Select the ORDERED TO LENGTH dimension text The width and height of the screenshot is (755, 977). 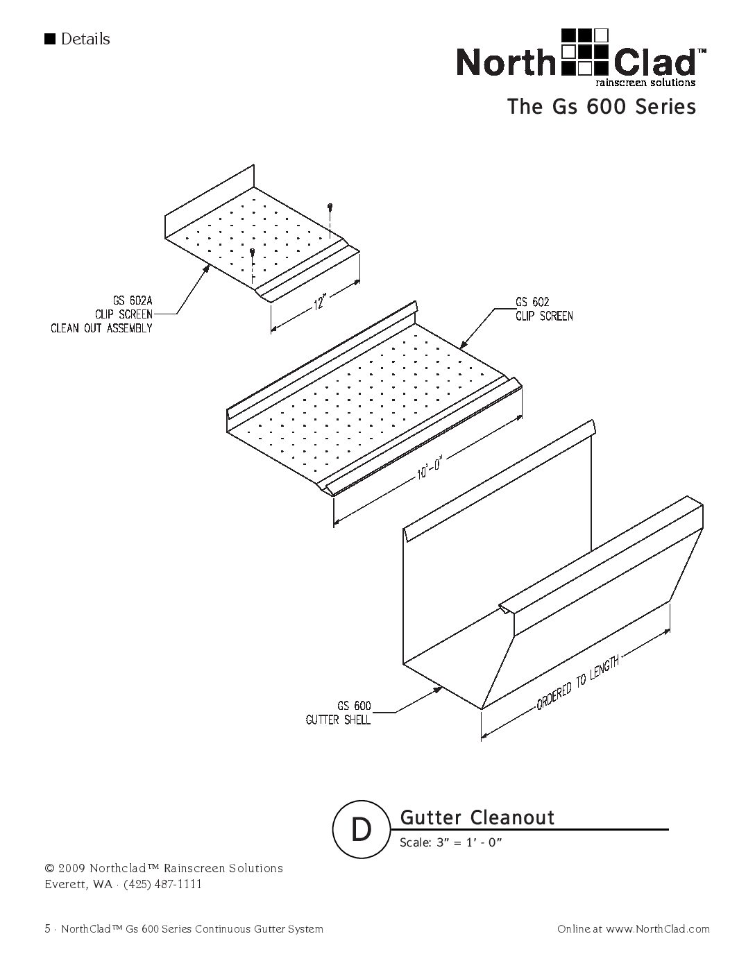pyautogui.click(x=578, y=681)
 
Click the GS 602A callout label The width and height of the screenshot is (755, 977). pyautogui.click(x=133, y=300)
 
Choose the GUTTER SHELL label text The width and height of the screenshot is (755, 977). pyautogui.click(x=338, y=720)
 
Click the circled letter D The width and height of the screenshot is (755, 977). pyautogui.click(x=361, y=830)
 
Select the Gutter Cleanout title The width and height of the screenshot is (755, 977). pyautogui.click(x=477, y=817)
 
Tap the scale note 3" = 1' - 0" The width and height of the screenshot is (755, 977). pyautogui.click(x=468, y=842)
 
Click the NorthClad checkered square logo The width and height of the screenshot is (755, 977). pyautogui.click(x=585, y=52)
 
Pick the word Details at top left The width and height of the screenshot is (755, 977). pyautogui.click(x=85, y=39)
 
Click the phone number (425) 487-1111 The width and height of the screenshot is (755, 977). pyautogui.click(x=162, y=884)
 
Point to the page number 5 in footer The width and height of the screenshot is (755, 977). pyautogui.click(x=47, y=929)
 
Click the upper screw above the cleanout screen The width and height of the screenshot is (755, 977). pyautogui.click(x=331, y=206)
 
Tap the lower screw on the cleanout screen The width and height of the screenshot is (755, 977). pyautogui.click(x=253, y=251)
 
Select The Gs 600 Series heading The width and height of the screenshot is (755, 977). pyautogui.click(x=602, y=107)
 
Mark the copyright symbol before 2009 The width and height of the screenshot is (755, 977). pyautogui.click(x=49, y=868)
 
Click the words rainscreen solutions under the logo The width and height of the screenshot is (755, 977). pyautogui.click(x=645, y=83)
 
